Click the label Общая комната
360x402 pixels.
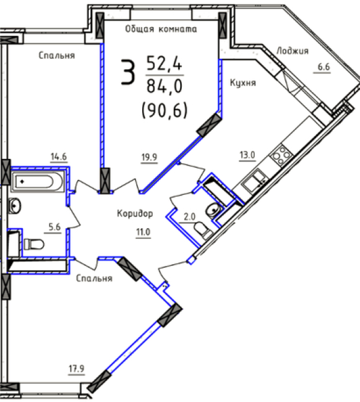[161, 29]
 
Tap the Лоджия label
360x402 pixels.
[293, 51]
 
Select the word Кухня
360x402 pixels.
[243, 83]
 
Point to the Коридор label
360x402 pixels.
[135, 213]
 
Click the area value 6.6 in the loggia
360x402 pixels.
[324, 67]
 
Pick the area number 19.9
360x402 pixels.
[149, 157]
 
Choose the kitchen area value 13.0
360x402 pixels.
[247, 155]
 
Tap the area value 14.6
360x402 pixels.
[59, 156]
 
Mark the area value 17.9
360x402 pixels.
[77, 369]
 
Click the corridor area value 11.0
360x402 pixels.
[143, 232]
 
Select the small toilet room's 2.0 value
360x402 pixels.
[189, 217]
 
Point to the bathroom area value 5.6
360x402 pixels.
[54, 227]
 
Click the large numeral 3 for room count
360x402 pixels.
[128, 72]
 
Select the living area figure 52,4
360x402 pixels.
[164, 63]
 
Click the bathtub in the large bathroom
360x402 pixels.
[38, 182]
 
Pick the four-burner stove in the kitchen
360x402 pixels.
[281, 155]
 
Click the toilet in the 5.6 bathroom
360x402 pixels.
[34, 244]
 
